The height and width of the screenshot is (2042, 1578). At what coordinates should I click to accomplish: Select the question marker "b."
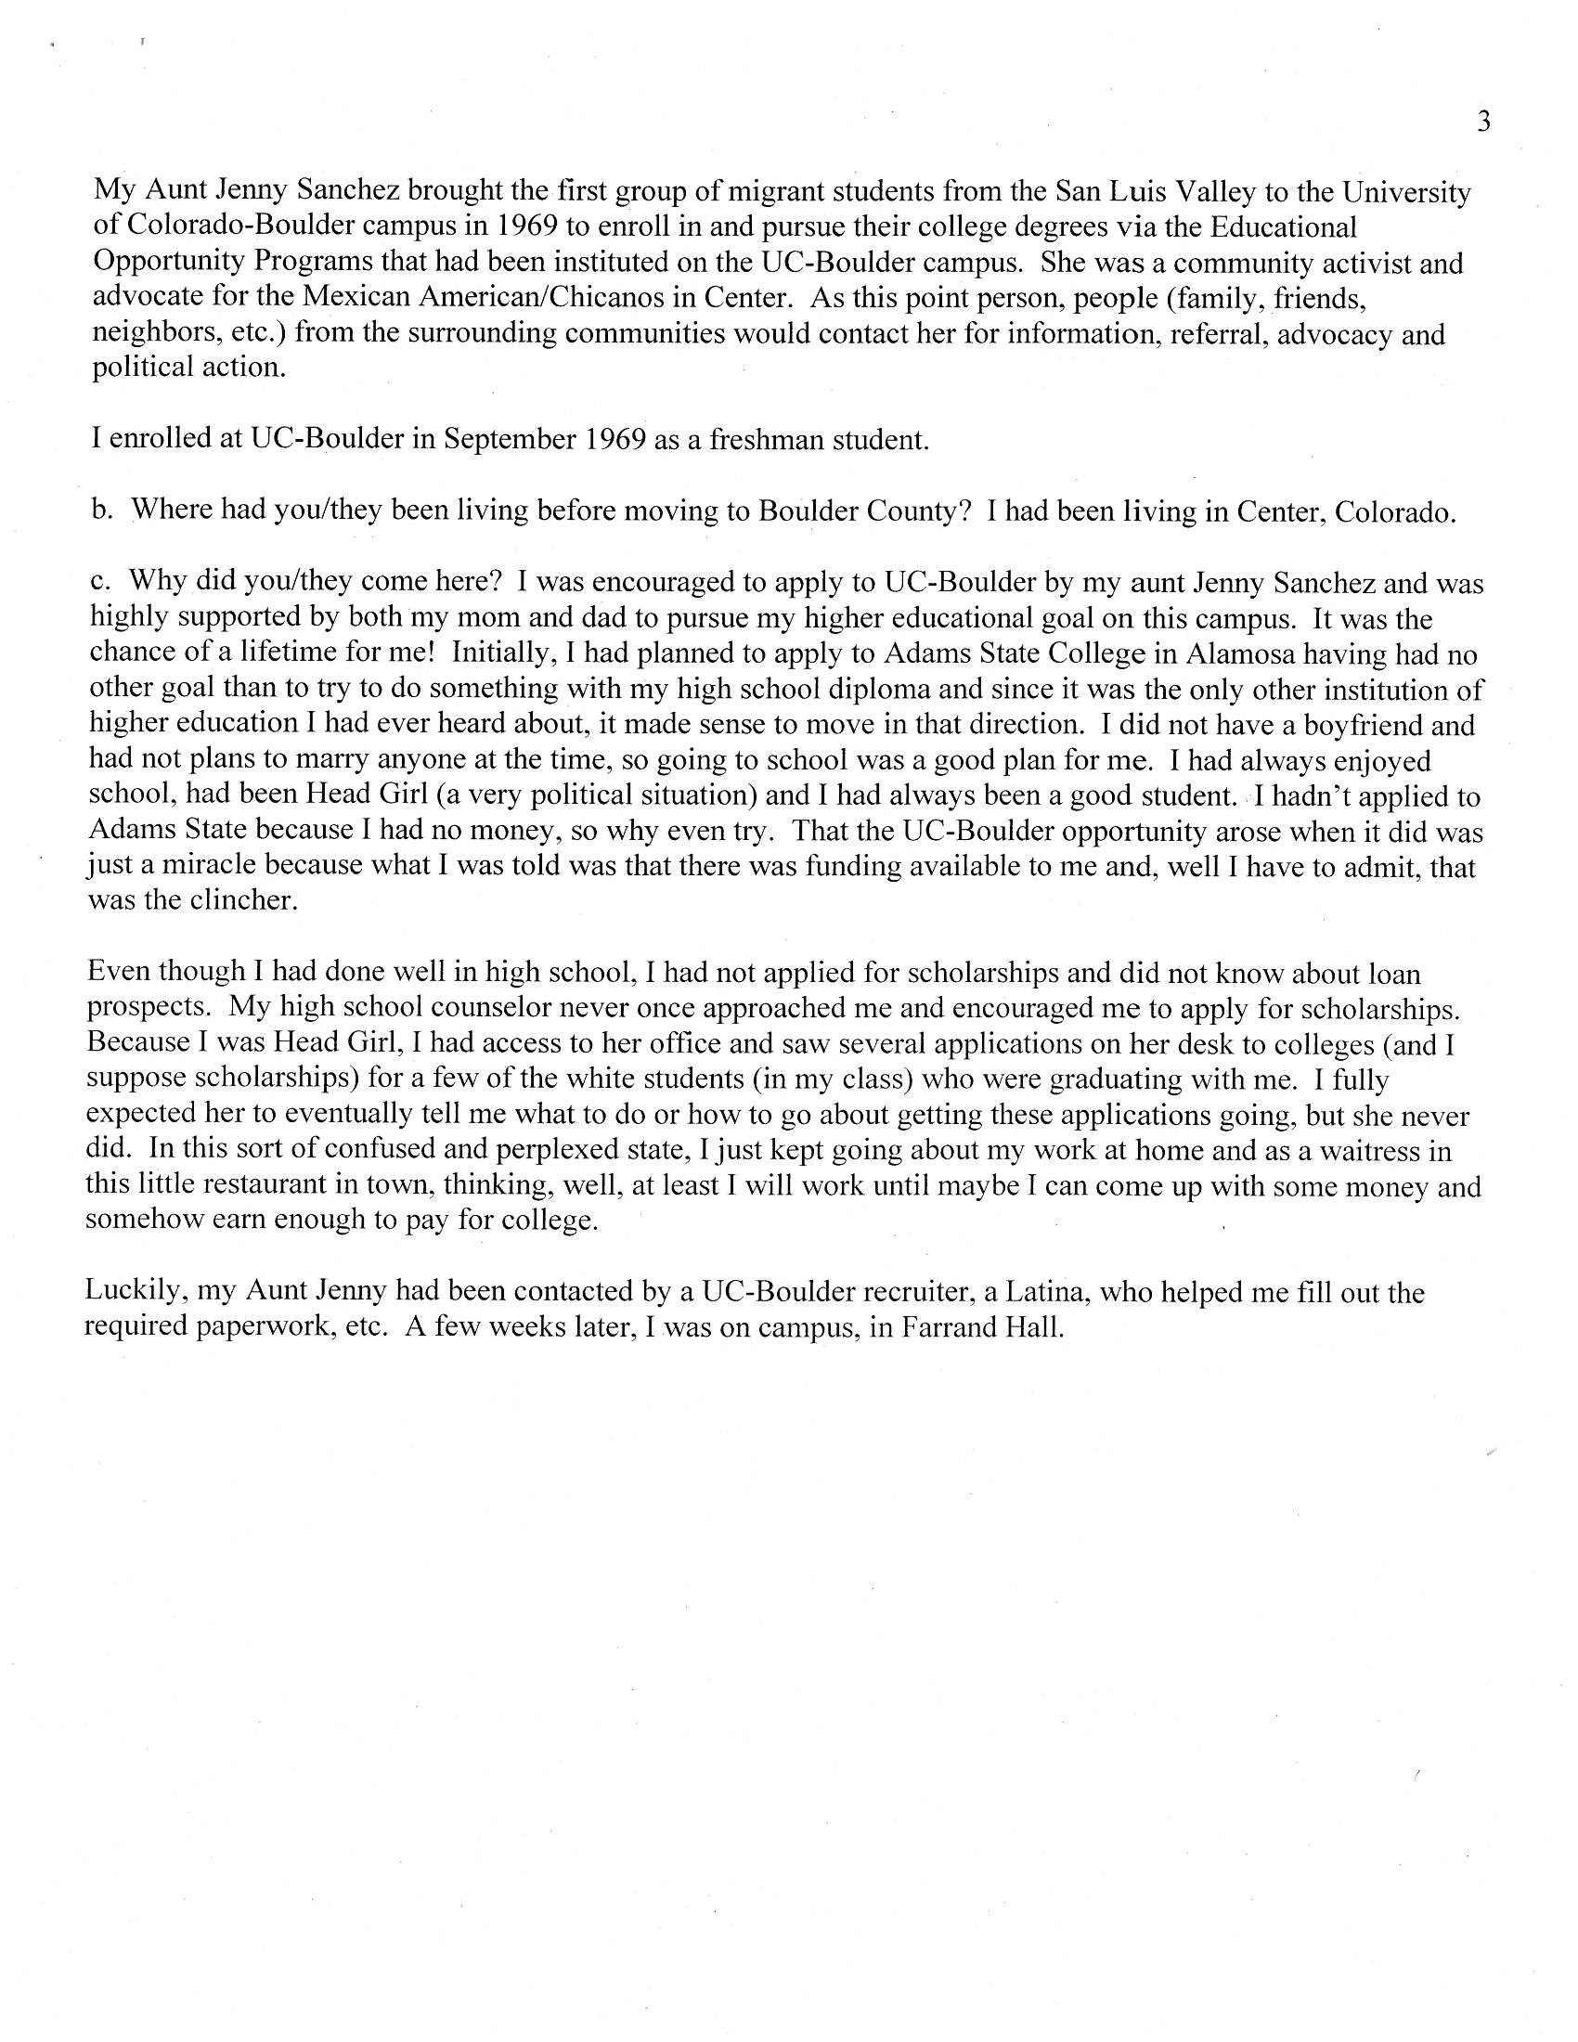102,510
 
